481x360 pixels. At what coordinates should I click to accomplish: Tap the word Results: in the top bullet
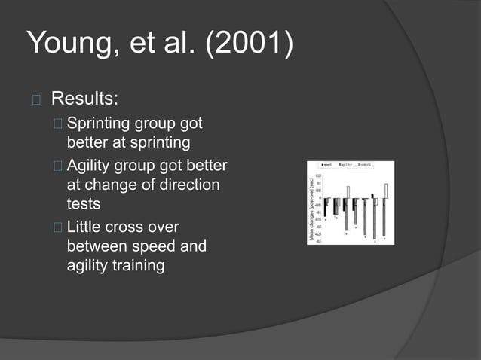pyautogui.click(x=84, y=99)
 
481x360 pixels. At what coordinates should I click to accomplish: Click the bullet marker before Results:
pyautogui.click(x=35, y=99)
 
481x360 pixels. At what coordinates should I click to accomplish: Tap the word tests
pyautogui.click(x=83, y=203)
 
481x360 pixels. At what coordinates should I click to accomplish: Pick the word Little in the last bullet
pyautogui.click(x=85, y=227)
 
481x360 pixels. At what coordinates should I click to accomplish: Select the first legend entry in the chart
pyautogui.click(x=328, y=164)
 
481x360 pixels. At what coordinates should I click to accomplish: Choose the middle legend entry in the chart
pyautogui.click(x=347, y=164)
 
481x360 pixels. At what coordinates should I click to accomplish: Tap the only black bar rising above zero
pyautogui.click(x=372, y=196)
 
